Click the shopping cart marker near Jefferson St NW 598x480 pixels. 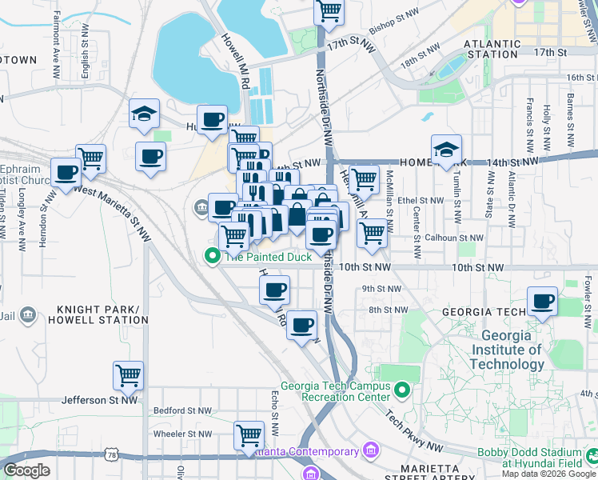(128, 374)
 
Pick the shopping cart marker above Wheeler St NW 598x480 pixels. (249, 435)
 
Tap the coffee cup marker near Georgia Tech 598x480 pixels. (543, 302)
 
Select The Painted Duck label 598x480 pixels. (268, 257)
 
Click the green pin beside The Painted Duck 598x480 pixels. (212, 257)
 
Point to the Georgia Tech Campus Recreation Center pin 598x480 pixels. (402, 390)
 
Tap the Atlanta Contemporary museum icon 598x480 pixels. (370, 451)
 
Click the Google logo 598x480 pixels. (26, 470)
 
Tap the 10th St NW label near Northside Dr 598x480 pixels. (365, 267)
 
